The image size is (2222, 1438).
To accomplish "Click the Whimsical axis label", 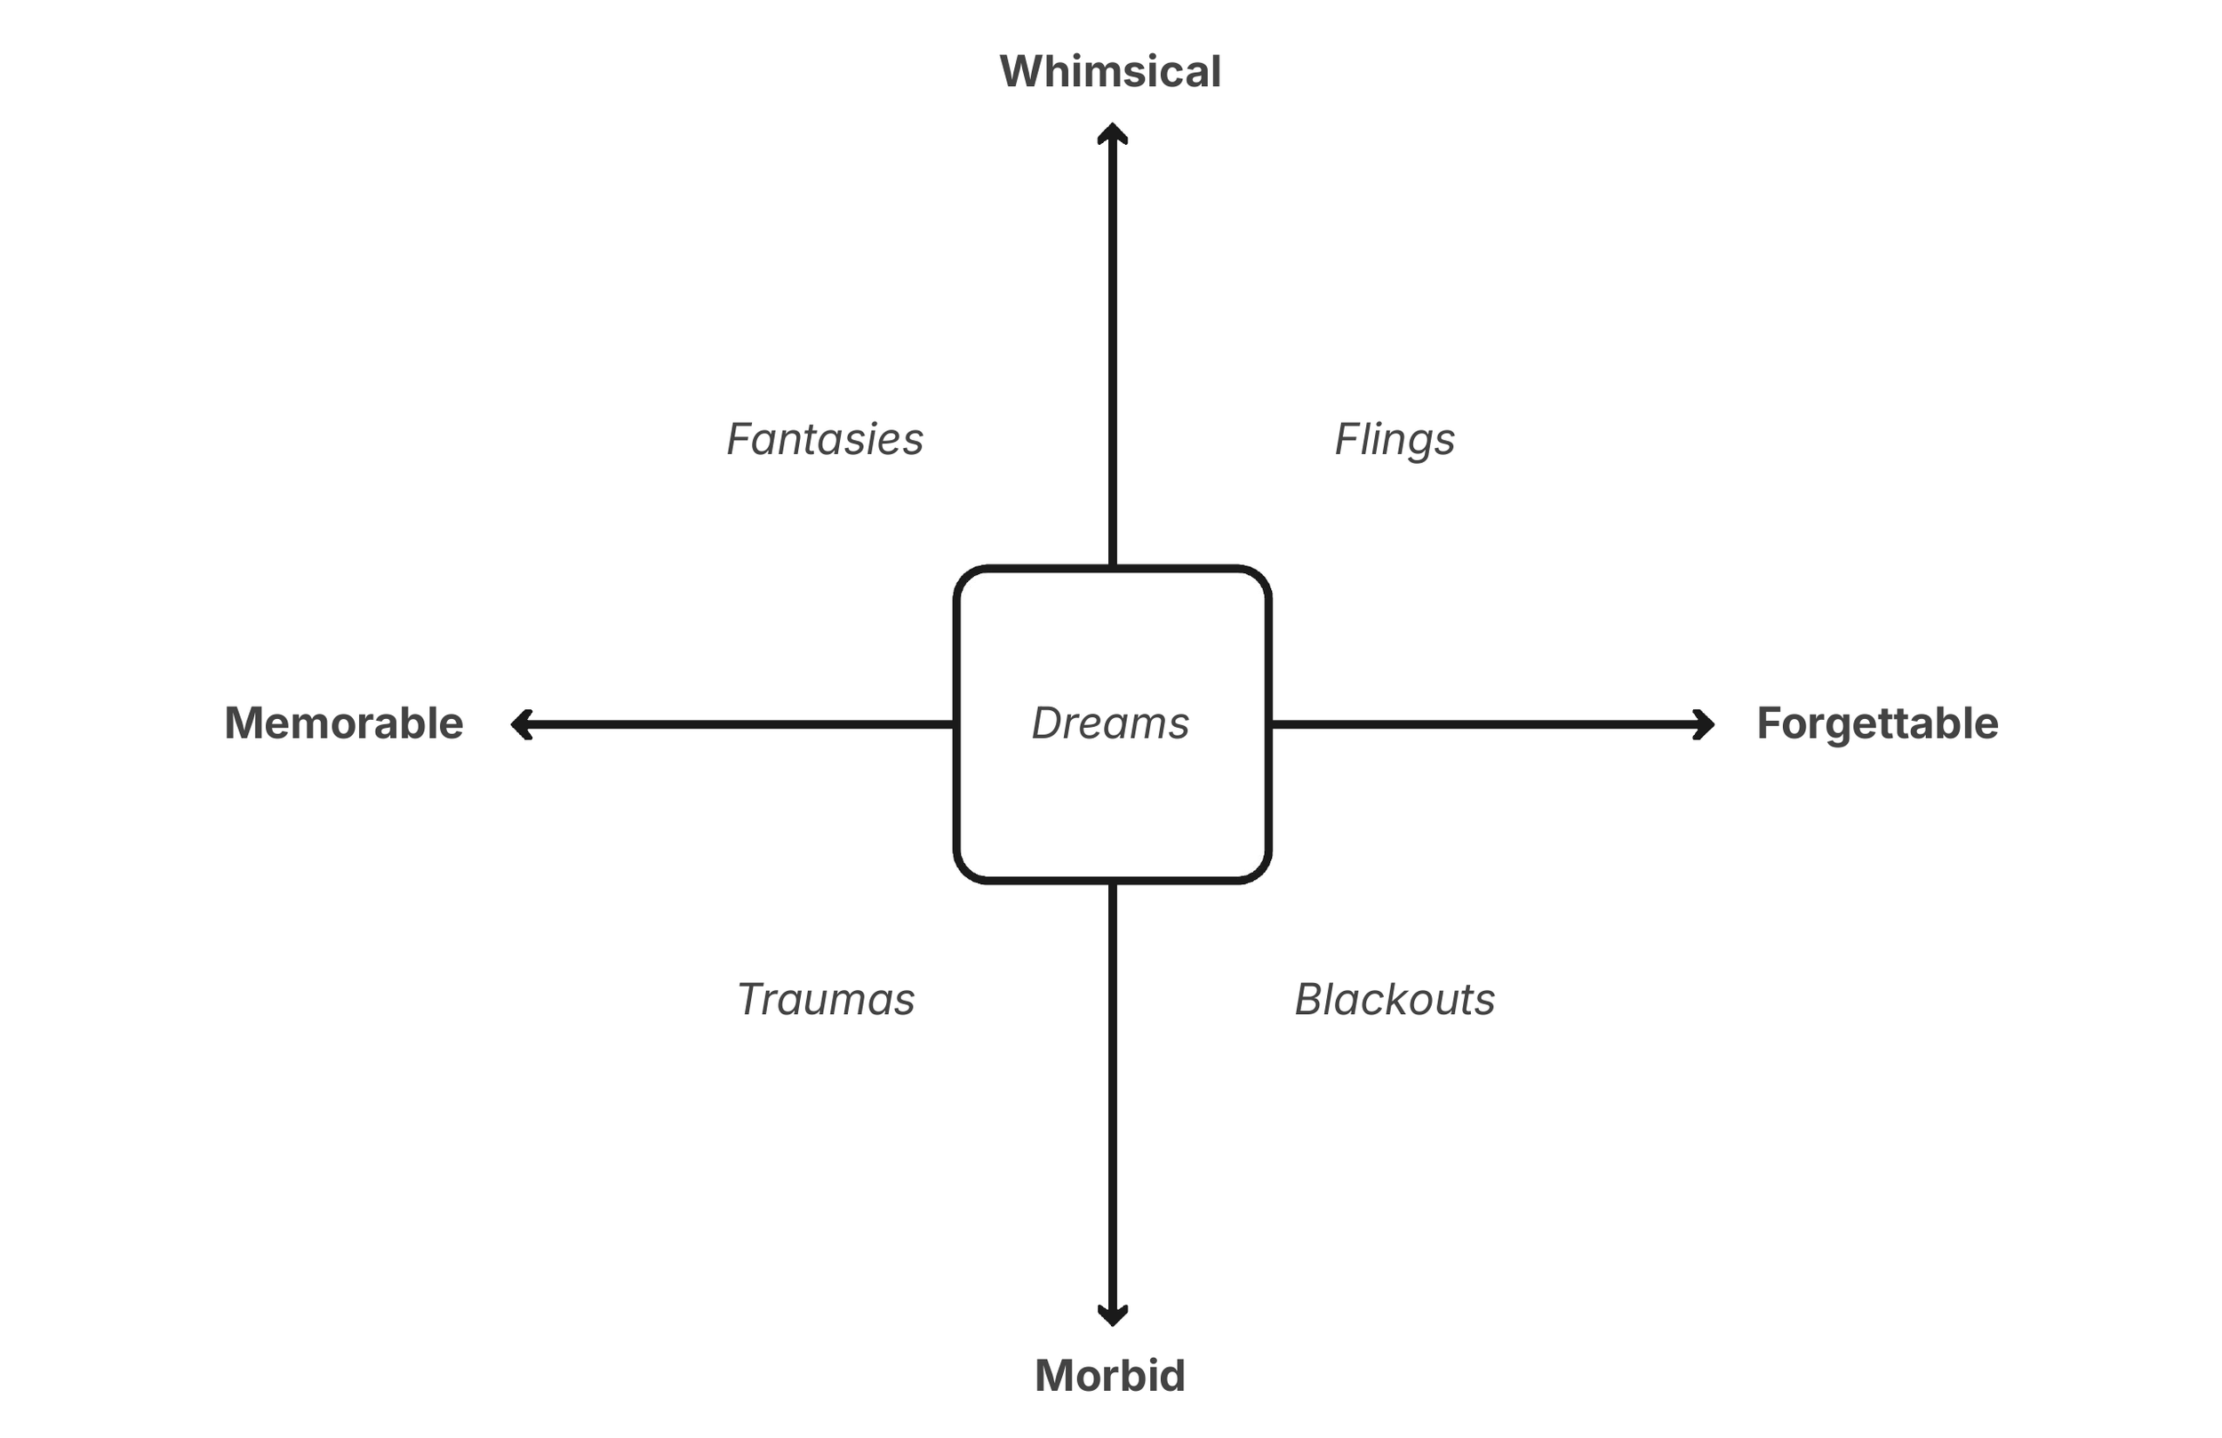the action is pyautogui.click(x=1110, y=72).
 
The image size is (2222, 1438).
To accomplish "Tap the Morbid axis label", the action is pyautogui.click(x=1110, y=1376).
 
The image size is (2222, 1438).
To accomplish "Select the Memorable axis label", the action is pyautogui.click(x=344, y=723).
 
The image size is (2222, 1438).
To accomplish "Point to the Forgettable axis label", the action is pyautogui.click(x=1877, y=723).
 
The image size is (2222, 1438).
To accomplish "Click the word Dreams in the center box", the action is pyautogui.click(x=1110, y=723).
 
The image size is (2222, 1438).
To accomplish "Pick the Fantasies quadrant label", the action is pyautogui.click(x=825, y=439).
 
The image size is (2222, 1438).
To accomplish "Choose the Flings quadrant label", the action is pyautogui.click(x=1395, y=439).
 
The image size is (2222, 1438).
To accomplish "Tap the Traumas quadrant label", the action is pyautogui.click(x=826, y=999).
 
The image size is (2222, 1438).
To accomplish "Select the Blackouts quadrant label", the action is pyautogui.click(x=1395, y=999).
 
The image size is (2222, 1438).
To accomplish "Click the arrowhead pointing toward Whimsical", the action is pyautogui.click(x=1112, y=133).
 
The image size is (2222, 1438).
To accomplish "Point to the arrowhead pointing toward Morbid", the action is pyautogui.click(x=1112, y=1314).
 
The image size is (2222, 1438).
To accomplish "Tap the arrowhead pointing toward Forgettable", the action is pyautogui.click(x=1704, y=724).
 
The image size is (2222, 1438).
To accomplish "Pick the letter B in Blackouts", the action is pyautogui.click(x=1310, y=999).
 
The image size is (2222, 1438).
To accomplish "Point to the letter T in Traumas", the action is pyautogui.click(x=752, y=999).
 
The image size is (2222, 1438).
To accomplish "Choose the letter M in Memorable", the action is pyautogui.click(x=245, y=723).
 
